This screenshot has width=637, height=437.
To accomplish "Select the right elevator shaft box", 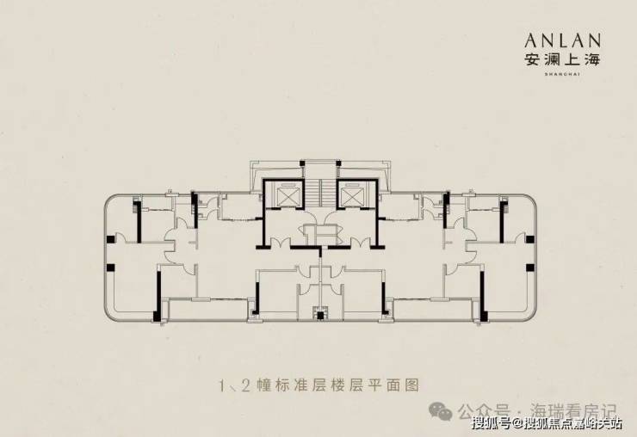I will pos(352,196).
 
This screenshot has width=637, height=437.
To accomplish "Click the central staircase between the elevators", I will pos(318,191).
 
